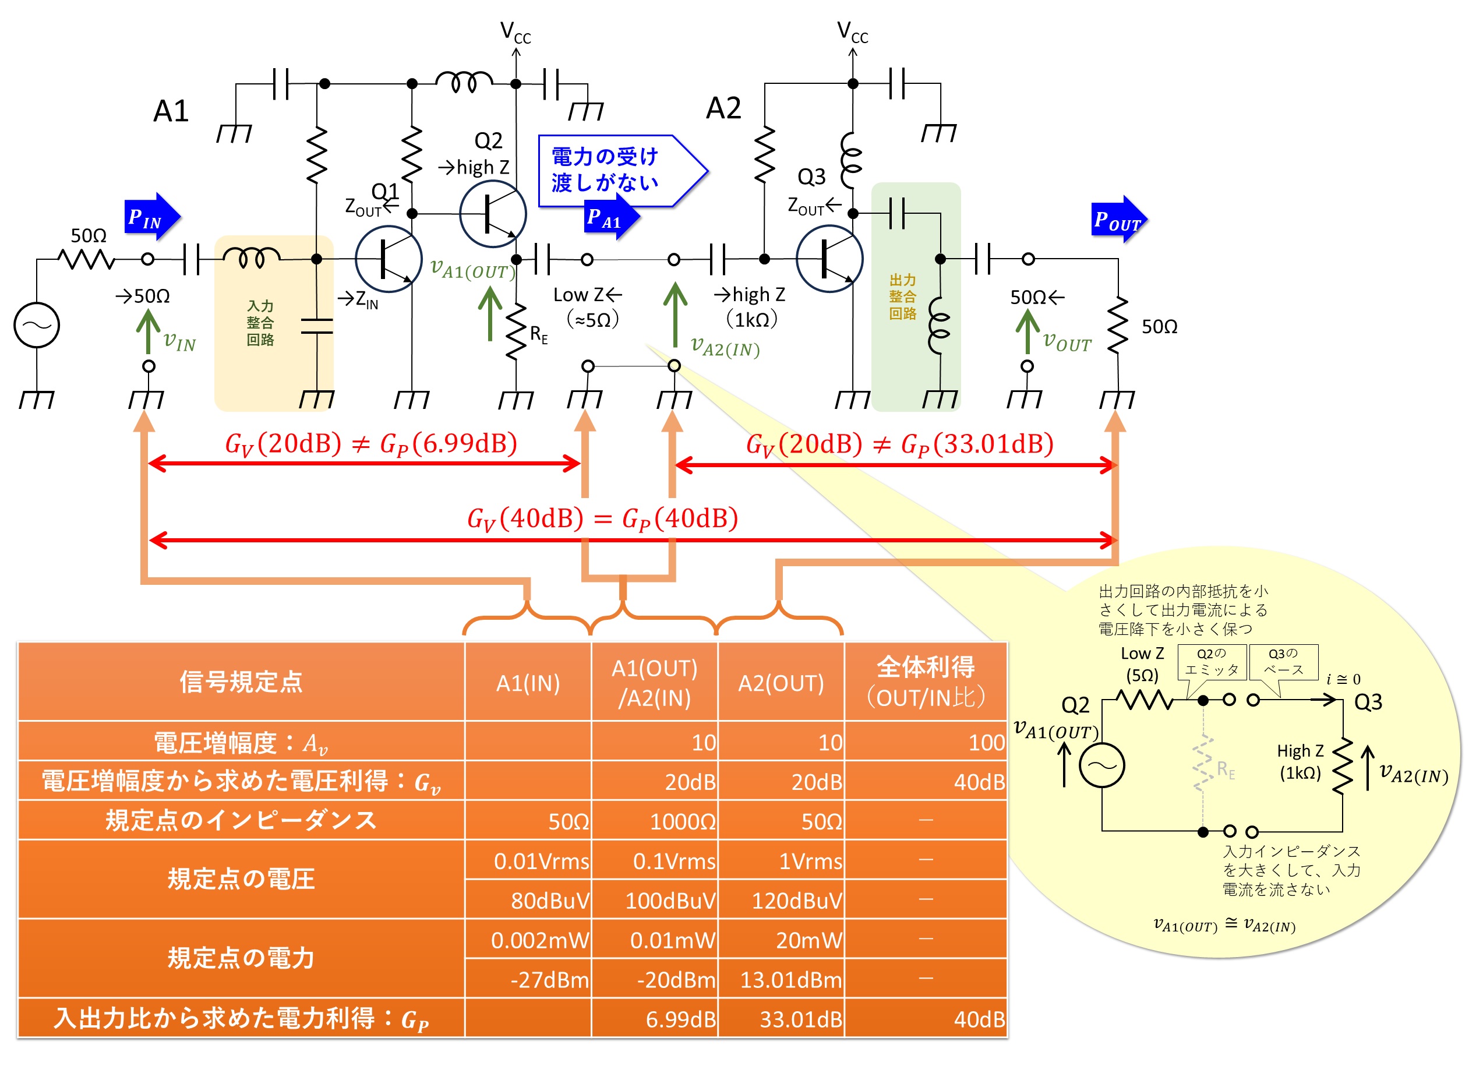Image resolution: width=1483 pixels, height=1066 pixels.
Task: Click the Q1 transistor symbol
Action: pyautogui.click(x=389, y=259)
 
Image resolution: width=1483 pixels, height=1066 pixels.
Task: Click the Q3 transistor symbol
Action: pyautogui.click(x=829, y=259)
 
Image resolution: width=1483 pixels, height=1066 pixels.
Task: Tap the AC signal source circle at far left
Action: pyautogui.click(x=37, y=325)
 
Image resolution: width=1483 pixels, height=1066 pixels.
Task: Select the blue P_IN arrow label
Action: pyautogui.click(x=150, y=217)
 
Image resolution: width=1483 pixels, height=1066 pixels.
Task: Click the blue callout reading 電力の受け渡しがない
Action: pyautogui.click(x=615, y=170)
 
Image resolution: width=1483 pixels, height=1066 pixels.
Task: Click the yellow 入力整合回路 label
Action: pyautogui.click(x=260, y=323)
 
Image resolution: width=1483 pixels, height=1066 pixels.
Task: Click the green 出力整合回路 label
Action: pyautogui.click(x=903, y=297)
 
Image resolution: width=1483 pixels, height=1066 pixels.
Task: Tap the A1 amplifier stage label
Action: pyautogui.click(x=171, y=111)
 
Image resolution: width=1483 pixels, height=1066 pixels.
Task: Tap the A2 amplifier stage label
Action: pyautogui.click(x=724, y=108)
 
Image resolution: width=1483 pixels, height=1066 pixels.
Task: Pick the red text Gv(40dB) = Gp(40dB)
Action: pyautogui.click(x=602, y=519)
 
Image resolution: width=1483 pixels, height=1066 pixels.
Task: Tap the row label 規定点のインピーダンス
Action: pyautogui.click(x=241, y=820)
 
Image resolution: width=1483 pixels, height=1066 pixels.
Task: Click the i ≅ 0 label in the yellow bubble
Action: pyautogui.click(x=1344, y=679)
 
